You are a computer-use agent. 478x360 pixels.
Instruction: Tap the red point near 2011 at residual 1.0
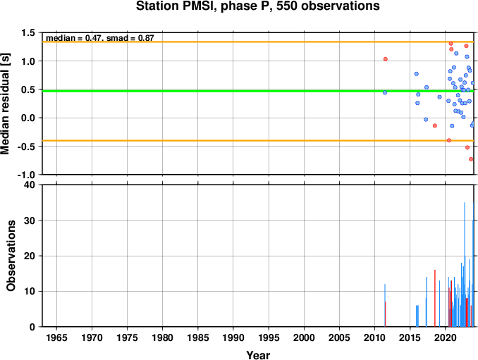[x=386, y=59]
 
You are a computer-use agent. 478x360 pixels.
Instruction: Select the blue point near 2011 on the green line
[x=385, y=92]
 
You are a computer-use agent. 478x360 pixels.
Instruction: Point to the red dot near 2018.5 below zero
[x=435, y=126]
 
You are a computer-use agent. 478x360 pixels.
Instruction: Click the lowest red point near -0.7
[x=471, y=159]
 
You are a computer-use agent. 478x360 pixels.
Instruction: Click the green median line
[x=258, y=91]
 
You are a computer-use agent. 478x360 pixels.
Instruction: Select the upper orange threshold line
[x=258, y=42]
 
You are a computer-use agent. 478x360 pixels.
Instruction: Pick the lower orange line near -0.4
[x=258, y=140]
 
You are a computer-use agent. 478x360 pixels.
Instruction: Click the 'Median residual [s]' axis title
[x=5, y=104]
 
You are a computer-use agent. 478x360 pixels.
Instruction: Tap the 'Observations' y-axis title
[x=11, y=256]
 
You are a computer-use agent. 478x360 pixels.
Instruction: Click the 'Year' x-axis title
[x=258, y=355]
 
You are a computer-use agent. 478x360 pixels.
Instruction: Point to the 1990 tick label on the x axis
[x=233, y=337]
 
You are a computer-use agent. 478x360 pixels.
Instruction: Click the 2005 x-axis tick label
[x=339, y=337]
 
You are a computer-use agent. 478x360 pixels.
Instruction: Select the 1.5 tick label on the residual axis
[x=28, y=32]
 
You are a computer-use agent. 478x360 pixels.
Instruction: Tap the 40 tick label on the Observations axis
[x=30, y=185]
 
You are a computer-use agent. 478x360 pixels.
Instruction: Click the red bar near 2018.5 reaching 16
[x=435, y=298]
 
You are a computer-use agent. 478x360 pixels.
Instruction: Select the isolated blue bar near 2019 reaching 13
[x=439, y=304]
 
